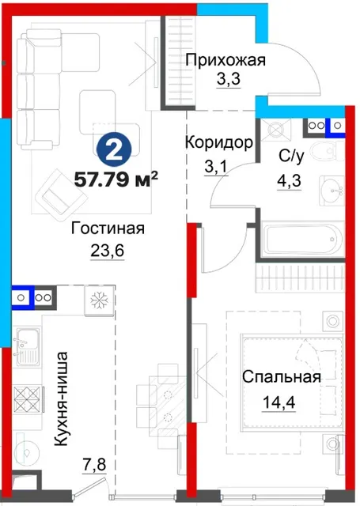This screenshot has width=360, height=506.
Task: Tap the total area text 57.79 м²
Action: pyautogui.click(x=116, y=179)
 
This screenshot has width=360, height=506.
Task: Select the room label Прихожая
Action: pyautogui.click(x=226, y=60)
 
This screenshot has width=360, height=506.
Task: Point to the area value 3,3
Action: pyautogui.click(x=229, y=79)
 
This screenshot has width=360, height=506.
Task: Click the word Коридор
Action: pyautogui.click(x=219, y=142)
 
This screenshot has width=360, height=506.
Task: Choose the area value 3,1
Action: pyautogui.click(x=216, y=167)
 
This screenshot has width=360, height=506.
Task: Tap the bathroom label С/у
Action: pyautogui.click(x=291, y=157)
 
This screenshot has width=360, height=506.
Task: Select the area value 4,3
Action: pyautogui.click(x=289, y=181)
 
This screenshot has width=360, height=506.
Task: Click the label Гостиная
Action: pyautogui.click(x=108, y=228)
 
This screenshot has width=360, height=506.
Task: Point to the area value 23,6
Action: pyautogui.click(x=107, y=251)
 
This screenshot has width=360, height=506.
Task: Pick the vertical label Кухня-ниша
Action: pyautogui.click(x=61, y=399)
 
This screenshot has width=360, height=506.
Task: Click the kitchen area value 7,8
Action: pyautogui.click(x=94, y=465)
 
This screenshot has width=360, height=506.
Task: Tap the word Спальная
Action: pyautogui.click(x=282, y=377)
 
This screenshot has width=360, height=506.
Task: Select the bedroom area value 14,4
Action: pyautogui.click(x=279, y=402)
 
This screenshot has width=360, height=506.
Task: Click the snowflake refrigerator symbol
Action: pyautogui.click(x=100, y=300)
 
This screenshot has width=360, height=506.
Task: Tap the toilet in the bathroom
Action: pyautogui.click(x=327, y=152)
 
